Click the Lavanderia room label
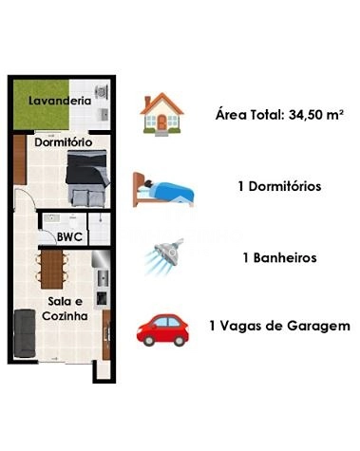(60, 100)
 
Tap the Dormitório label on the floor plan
(63, 142)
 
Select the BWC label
(68, 235)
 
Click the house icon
(163, 114)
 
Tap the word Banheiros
(284, 257)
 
